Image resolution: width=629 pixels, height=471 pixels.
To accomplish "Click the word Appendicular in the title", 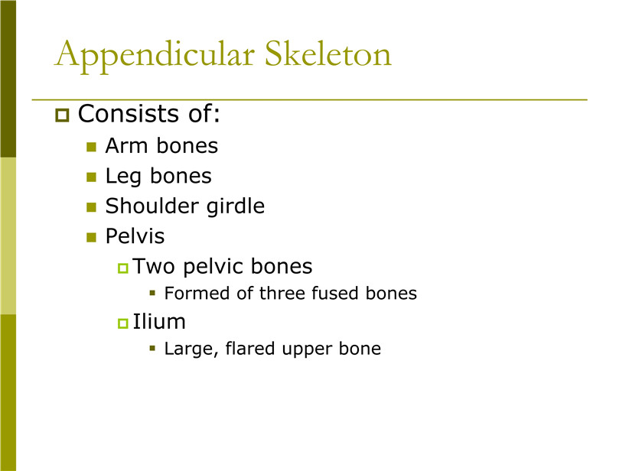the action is click(155, 56).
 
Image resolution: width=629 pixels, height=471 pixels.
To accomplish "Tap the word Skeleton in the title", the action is click(328, 54).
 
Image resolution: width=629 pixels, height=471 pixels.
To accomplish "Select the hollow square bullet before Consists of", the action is click(62, 115).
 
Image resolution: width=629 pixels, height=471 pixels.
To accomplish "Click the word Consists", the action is click(128, 113).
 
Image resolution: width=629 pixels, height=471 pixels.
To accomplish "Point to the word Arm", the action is click(127, 145).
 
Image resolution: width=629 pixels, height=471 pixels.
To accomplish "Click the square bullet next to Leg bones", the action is click(92, 177).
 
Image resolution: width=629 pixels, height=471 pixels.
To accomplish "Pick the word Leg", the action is click(123, 177).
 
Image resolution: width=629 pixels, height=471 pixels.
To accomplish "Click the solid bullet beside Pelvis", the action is click(92, 237).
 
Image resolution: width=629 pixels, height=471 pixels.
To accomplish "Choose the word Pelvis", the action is click(135, 236).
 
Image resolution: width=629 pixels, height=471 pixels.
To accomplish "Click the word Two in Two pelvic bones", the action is click(154, 266).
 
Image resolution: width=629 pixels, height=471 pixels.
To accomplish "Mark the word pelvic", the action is click(213, 267).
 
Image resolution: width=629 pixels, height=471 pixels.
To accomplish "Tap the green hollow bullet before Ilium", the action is click(123, 323).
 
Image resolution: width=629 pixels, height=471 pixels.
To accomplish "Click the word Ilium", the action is click(159, 322).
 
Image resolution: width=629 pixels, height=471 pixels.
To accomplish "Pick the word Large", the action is click(191, 349).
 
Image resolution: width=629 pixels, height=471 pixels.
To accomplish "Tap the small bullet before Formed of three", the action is click(152, 293).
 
